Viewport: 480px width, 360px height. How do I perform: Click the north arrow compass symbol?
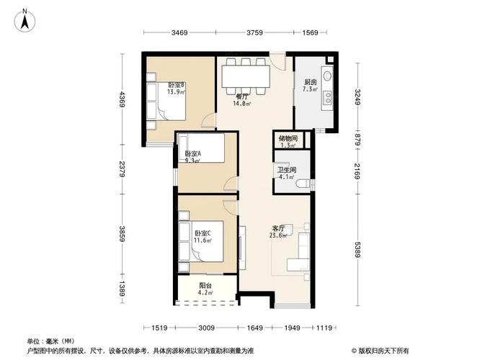24,19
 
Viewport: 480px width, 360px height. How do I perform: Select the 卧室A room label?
192,157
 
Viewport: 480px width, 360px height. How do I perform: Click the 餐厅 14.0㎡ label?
242,100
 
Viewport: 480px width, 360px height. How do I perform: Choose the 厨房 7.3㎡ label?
310,86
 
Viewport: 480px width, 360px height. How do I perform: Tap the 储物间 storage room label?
287,141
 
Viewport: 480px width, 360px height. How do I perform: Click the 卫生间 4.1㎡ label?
286,174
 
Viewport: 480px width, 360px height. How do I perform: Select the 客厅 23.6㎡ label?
278,231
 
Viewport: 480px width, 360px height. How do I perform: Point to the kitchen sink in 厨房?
326,76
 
